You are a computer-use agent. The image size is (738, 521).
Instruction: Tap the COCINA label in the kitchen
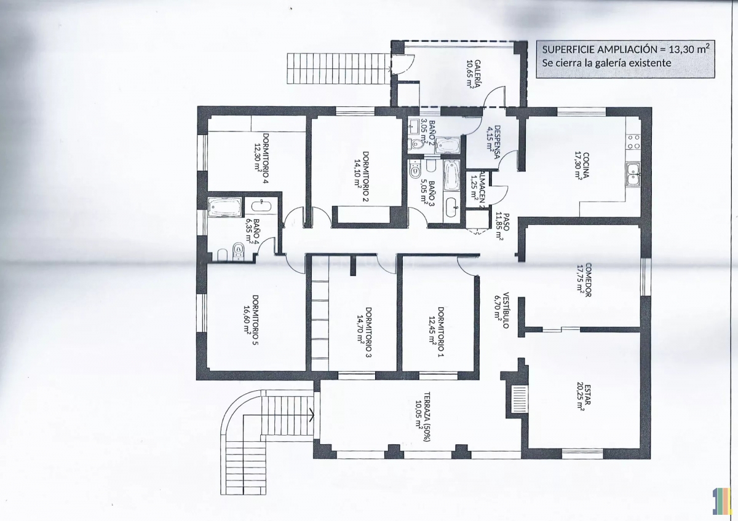585,165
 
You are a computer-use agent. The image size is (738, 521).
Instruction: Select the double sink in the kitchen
633,174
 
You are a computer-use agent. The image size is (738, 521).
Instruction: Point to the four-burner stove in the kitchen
633,142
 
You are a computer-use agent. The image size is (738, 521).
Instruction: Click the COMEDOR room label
589,280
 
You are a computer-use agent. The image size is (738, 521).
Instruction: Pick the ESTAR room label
588,394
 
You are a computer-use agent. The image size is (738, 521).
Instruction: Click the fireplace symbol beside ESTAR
518,399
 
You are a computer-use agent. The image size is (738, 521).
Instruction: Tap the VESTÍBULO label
506,310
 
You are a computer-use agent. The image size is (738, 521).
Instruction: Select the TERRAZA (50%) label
427,417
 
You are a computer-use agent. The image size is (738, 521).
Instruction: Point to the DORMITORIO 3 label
368,332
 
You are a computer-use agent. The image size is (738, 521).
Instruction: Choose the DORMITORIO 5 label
255,320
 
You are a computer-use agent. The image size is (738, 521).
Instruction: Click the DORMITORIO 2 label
366,176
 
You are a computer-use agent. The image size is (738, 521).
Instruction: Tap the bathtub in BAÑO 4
224,207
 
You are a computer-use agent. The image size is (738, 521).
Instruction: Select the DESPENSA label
498,142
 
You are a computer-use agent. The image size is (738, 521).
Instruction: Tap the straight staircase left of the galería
339,68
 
